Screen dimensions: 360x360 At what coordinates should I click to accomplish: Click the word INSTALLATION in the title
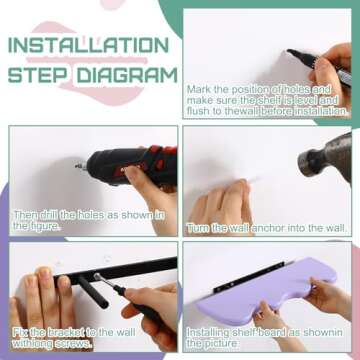(88, 45)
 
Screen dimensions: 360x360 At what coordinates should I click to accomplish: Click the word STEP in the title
(38, 75)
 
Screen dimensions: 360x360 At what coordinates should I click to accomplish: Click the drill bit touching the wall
(80, 166)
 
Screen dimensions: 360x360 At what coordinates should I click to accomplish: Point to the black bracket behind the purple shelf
(248, 277)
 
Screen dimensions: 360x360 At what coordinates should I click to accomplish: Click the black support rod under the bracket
(93, 292)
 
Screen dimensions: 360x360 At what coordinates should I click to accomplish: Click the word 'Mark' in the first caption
(197, 89)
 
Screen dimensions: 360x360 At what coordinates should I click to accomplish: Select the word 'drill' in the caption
(48, 215)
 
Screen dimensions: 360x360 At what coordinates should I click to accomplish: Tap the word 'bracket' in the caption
(66, 332)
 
